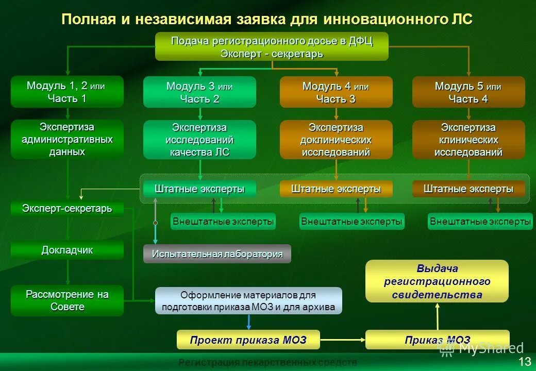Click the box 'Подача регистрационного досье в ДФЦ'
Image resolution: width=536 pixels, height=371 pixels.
272,46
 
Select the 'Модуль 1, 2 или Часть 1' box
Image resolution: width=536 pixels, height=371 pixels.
67,92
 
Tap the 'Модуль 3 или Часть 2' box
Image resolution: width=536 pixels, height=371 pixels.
199,92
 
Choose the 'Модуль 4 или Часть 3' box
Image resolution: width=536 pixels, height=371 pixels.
336,92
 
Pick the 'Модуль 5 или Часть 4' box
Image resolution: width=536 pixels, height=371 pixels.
468,92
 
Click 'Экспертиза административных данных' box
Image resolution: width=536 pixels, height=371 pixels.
67,139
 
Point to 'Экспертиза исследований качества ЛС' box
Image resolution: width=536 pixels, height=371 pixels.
199,140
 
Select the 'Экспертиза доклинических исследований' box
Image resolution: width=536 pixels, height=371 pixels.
336,140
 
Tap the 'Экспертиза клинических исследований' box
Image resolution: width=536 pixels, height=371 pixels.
468,140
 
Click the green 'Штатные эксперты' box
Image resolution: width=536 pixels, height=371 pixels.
199,189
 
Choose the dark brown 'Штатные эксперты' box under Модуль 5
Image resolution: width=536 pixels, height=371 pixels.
468,189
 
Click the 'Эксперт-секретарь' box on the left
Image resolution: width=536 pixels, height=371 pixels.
67,209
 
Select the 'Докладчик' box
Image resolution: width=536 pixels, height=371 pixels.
67,250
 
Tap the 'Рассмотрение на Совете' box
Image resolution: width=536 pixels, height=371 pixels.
67,300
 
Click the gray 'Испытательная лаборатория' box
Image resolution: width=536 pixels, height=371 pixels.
217,254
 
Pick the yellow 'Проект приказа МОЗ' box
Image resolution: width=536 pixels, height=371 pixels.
248,340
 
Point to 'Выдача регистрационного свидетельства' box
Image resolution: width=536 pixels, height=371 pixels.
437,281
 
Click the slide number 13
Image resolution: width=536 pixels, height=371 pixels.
525,361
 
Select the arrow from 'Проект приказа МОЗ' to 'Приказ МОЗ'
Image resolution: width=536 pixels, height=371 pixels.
343,340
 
